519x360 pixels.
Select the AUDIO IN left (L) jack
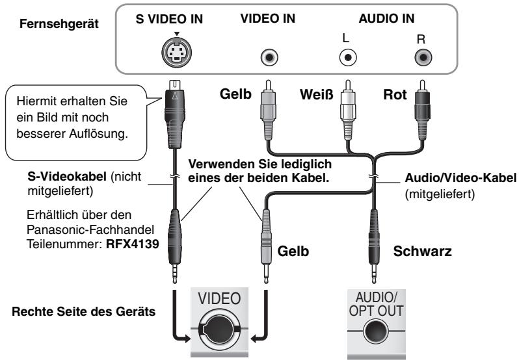pyautogui.click(x=349, y=57)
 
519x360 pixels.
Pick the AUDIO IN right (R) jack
pyautogui.click(x=424, y=57)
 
